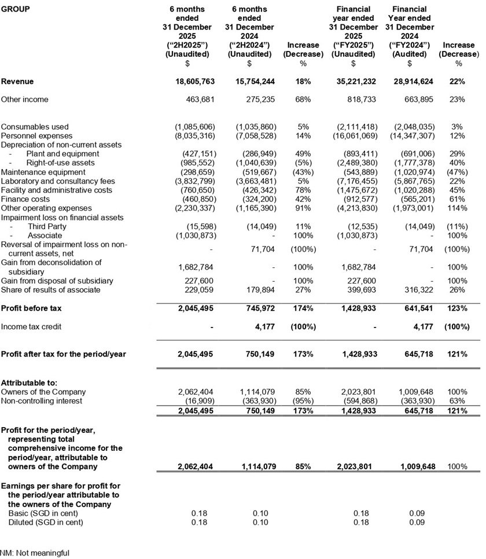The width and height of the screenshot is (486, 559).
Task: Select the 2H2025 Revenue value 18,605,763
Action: click(x=191, y=82)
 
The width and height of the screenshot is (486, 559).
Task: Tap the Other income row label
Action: click(x=25, y=100)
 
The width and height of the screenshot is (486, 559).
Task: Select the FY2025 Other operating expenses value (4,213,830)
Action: click(x=353, y=208)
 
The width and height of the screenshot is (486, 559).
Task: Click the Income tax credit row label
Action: click(x=31, y=327)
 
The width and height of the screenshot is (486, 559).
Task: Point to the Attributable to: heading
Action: click(x=29, y=383)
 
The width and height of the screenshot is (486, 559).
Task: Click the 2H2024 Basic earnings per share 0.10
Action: click(x=261, y=513)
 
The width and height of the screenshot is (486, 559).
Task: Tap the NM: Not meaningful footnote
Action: click(x=35, y=553)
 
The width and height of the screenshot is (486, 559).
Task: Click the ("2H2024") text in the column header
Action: click(x=249, y=45)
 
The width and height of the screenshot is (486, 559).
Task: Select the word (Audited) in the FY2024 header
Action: click(x=410, y=54)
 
